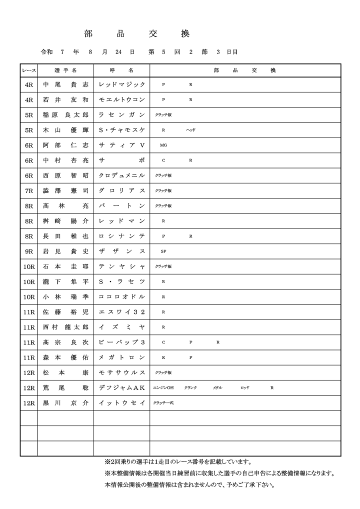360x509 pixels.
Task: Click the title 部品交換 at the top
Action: click(137, 33)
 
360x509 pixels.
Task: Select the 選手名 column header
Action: click(65, 70)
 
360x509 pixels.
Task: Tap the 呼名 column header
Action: click(121, 70)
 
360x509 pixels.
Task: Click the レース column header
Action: click(28, 70)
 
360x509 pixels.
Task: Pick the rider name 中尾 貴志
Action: click(65, 85)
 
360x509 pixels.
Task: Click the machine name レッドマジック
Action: click(122, 85)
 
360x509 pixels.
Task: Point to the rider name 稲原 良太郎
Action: click(65, 115)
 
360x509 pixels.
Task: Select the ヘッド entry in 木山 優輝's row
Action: click(190, 130)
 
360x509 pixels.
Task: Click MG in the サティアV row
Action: click(163, 145)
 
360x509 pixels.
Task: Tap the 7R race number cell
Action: click(28, 190)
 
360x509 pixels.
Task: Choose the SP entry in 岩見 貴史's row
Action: click(163, 251)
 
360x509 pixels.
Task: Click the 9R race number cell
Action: click(28, 251)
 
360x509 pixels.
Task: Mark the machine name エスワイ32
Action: click(122, 312)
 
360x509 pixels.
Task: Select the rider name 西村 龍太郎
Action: click(65, 327)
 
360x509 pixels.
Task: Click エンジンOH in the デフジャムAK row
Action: click(163, 387)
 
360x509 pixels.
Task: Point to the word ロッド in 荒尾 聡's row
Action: click(244, 387)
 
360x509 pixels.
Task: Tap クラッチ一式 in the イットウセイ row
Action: click(163, 402)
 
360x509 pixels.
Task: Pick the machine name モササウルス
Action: click(122, 372)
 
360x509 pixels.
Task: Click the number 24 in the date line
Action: click(118, 52)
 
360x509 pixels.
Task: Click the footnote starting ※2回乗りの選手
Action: click(177, 462)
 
